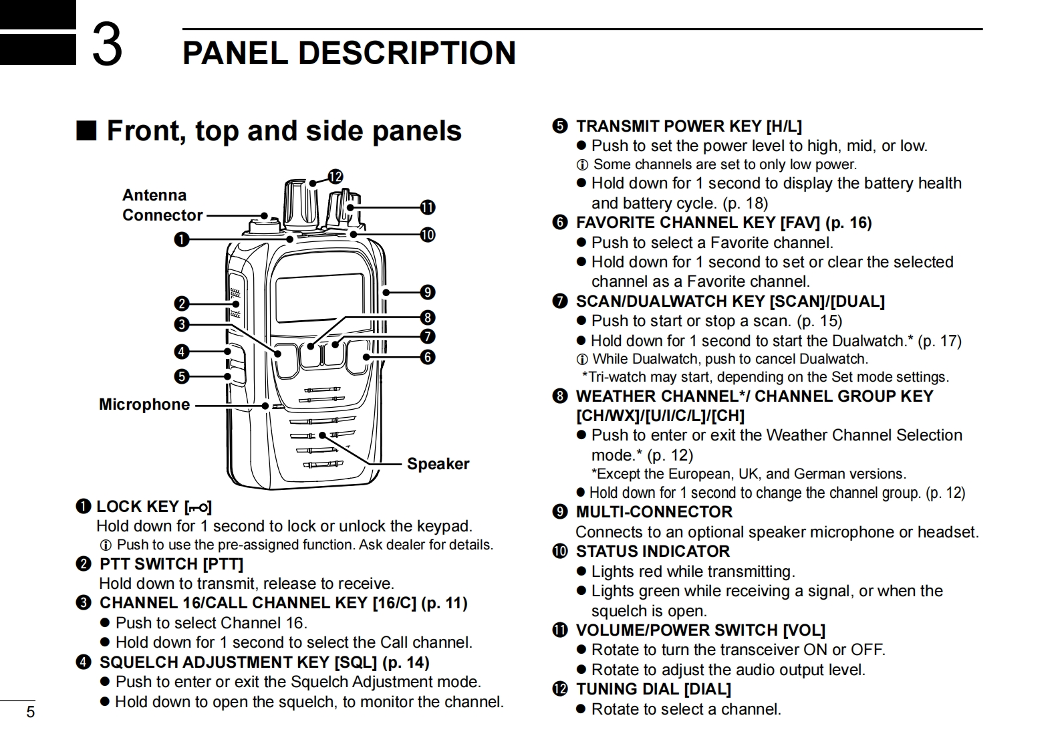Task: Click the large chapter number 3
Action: point(106,45)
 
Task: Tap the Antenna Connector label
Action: point(162,205)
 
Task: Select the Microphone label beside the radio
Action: point(144,404)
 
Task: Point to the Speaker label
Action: point(438,464)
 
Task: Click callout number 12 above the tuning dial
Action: point(336,176)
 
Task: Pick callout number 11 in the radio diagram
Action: point(427,207)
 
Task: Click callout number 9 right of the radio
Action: point(428,292)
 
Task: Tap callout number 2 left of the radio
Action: point(182,304)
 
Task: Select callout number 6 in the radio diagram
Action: point(428,357)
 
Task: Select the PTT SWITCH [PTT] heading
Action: point(171,564)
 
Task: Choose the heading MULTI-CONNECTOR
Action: point(654,512)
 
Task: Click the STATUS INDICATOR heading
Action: point(652,551)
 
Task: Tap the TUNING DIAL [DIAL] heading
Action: point(653,689)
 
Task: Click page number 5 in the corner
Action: point(30,712)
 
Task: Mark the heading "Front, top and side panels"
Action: point(284,131)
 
